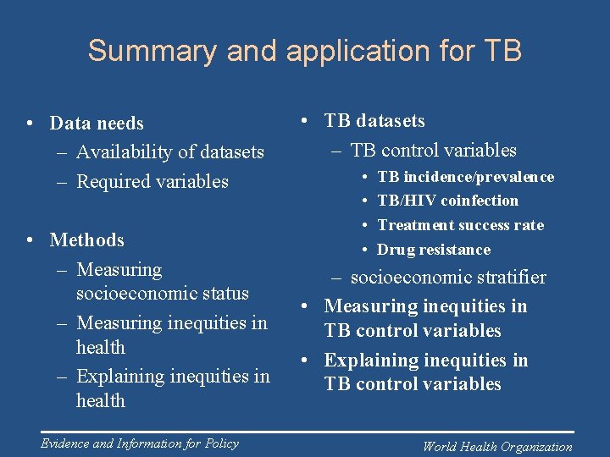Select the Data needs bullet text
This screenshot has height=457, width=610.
pos(97,124)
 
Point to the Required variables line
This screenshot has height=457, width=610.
pos(152,181)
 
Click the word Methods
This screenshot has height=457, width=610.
pos(87,240)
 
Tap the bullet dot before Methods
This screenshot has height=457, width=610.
pos(30,240)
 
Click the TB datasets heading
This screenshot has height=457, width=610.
pos(374,121)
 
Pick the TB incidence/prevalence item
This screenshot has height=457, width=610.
pos(465,177)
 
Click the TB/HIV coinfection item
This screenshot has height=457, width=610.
pos(447,201)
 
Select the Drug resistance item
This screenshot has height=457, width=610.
pos(434,250)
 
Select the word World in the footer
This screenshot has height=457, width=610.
pos(441,447)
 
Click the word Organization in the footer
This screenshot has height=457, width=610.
pos(536,447)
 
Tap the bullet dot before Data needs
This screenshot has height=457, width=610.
pos(30,124)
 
